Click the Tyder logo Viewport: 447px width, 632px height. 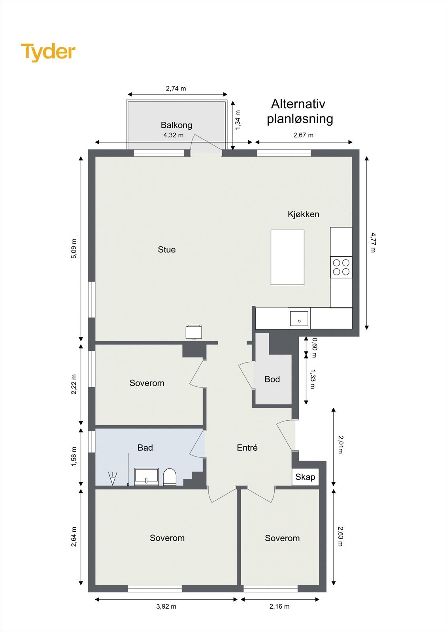(48, 53)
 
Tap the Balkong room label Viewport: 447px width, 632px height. (177, 125)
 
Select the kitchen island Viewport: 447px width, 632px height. (287, 257)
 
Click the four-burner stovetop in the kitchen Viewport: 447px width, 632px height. (341, 267)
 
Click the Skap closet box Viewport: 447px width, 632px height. (305, 477)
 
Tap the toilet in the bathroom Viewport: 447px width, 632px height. (170, 477)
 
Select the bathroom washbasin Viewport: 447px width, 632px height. (146, 477)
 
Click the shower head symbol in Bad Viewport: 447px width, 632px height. (113, 478)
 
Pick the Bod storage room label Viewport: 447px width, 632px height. (272, 379)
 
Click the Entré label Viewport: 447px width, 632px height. (247, 448)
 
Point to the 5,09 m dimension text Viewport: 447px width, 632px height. (74, 248)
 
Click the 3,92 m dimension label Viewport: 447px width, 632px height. (166, 606)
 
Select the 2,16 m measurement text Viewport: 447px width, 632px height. (279, 606)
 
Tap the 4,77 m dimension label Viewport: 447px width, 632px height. (373, 243)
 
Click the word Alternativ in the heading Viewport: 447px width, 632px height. (298, 104)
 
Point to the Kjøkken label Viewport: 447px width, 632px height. (304, 214)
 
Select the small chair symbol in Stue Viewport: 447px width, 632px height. (194, 332)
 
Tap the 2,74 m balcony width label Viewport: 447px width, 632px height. (176, 88)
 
